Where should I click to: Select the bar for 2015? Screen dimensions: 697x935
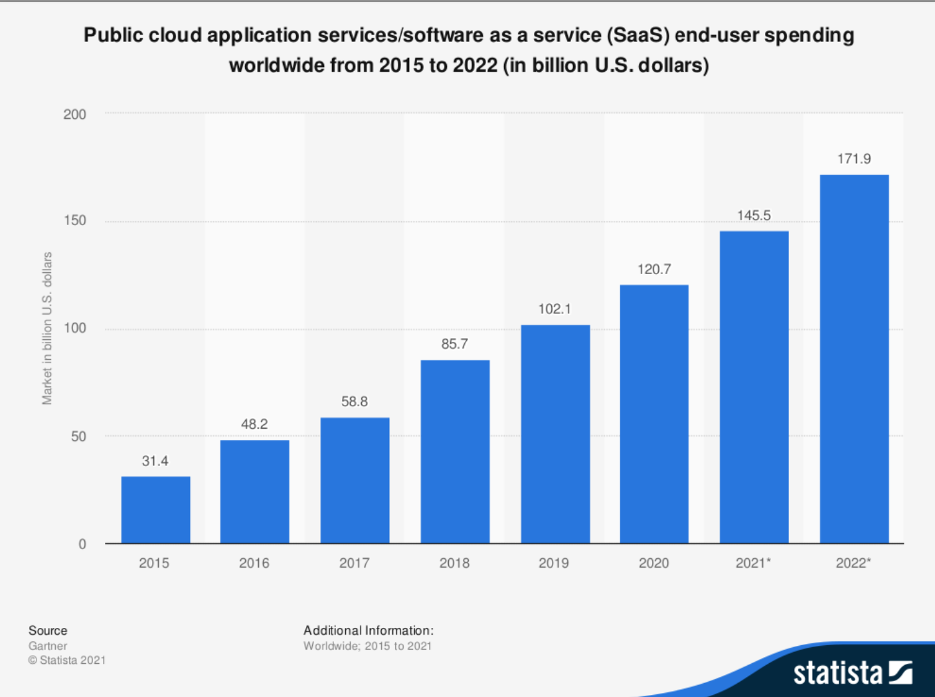(x=155, y=510)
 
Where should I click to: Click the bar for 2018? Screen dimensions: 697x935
(x=455, y=451)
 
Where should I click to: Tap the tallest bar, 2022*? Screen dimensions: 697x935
(x=854, y=358)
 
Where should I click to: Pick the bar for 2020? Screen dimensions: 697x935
(x=654, y=414)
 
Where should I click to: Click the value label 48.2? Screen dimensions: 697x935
(x=254, y=424)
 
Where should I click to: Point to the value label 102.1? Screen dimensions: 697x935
(x=554, y=309)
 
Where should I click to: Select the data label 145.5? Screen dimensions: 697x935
(x=754, y=215)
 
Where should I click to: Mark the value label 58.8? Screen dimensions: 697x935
(x=355, y=402)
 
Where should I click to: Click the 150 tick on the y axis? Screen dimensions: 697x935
(x=75, y=220)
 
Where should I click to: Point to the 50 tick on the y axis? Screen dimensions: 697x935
(x=78, y=436)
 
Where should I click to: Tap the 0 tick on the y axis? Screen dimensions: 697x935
(x=82, y=544)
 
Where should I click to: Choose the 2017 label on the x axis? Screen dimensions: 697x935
(x=355, y=563)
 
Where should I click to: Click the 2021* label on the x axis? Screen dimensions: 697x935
(x=753, y=563)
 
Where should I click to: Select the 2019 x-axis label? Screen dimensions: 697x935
(x=554, y=563)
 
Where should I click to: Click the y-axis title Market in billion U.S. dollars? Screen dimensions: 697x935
(x=47, y=328)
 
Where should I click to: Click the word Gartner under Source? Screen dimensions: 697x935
(x=48, y=646)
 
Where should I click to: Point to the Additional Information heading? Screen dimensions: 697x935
(x=369, y=631)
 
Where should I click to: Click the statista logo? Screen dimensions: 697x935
(x=853, y=672)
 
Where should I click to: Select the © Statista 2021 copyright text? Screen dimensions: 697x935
(x=67, y=660)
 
